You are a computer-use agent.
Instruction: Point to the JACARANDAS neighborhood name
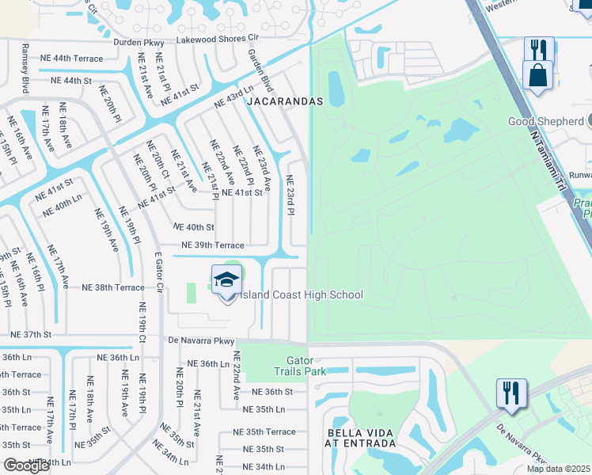pos(285,102)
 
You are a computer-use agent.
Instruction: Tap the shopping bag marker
pos(538,78)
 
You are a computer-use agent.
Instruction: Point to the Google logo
pos(26,465)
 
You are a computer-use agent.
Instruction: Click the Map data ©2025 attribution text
pos(559,469)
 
